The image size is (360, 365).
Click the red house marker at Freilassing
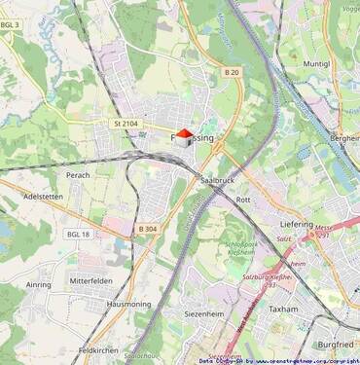[x=184, y=138]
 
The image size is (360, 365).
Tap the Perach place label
[x=78, y=175]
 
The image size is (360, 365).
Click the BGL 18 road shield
[x=78, y=235]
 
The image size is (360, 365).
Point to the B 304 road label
[x=148, y=229]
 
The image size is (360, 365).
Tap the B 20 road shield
[x=231, y=73]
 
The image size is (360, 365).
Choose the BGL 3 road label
[x=10, y=24]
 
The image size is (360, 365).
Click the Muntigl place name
[x=316, y=63]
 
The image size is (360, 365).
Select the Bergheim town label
[x=344, y=139]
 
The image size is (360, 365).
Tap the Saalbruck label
[x=217, y=181]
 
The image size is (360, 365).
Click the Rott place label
[x=243, y=199]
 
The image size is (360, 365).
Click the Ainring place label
[x=38, y=285]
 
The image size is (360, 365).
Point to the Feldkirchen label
[x=98, y=348]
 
